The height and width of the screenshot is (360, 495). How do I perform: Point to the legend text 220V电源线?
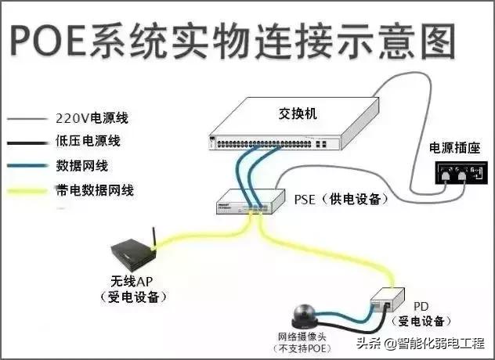point(92,119)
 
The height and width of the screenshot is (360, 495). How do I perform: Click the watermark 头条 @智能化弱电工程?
point(421,343)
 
